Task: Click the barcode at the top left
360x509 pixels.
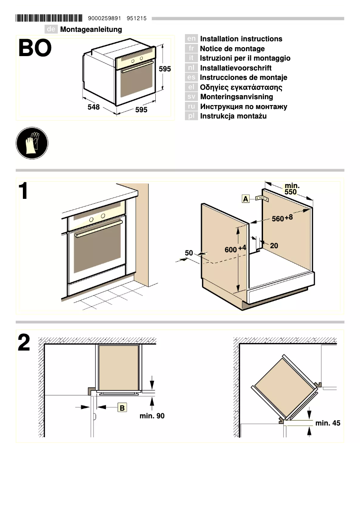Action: coord(49,18)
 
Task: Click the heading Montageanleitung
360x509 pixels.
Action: coord(91,30)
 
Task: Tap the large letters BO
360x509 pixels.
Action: coord(35,49)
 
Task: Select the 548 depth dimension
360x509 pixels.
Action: coord(93,108)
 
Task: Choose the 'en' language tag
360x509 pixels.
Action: coord(191,39)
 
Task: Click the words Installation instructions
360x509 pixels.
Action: coord(241,39)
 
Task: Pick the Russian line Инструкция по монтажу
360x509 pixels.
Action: coord(243,107)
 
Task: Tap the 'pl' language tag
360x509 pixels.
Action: coord(191,116)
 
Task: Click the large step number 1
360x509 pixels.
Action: coord(24,191)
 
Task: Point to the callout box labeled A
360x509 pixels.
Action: coord(246,199)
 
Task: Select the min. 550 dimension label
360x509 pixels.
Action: coord(292,189)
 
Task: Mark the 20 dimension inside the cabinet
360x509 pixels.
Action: coord(274,246)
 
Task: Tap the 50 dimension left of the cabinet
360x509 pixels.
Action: coord(189,253)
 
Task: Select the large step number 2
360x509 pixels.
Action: coord(24,343)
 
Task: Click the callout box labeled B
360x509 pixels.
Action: coord(122,408)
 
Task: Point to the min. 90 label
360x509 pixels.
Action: coord(152,416)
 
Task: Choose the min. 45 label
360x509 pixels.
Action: coord(328,423)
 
